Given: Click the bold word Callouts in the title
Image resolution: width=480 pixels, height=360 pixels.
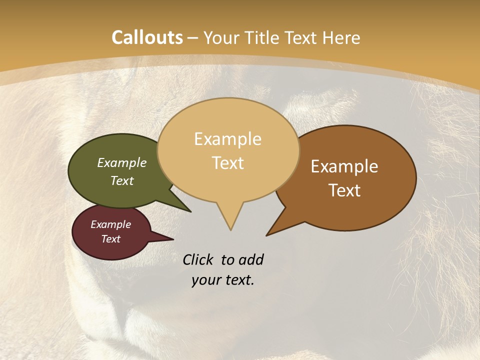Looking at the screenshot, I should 147,37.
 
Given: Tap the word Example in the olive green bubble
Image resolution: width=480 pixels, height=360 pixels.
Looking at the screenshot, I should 122,163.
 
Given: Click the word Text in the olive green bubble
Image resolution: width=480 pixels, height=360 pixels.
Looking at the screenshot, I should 122,180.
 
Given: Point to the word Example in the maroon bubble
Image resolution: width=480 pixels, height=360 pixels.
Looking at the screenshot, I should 110,224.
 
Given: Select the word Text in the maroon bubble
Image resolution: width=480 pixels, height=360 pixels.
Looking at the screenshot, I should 110,239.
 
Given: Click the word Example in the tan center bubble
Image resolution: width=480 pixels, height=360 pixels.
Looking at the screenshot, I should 227,139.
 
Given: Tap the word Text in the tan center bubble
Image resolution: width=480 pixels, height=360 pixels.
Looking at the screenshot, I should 227,163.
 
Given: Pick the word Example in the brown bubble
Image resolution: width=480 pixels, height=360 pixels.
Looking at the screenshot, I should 344,166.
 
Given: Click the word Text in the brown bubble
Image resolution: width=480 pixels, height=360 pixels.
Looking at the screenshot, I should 344,190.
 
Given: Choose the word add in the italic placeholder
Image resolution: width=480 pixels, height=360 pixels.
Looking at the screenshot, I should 250,259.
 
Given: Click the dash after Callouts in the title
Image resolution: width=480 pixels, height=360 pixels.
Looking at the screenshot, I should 192,38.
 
